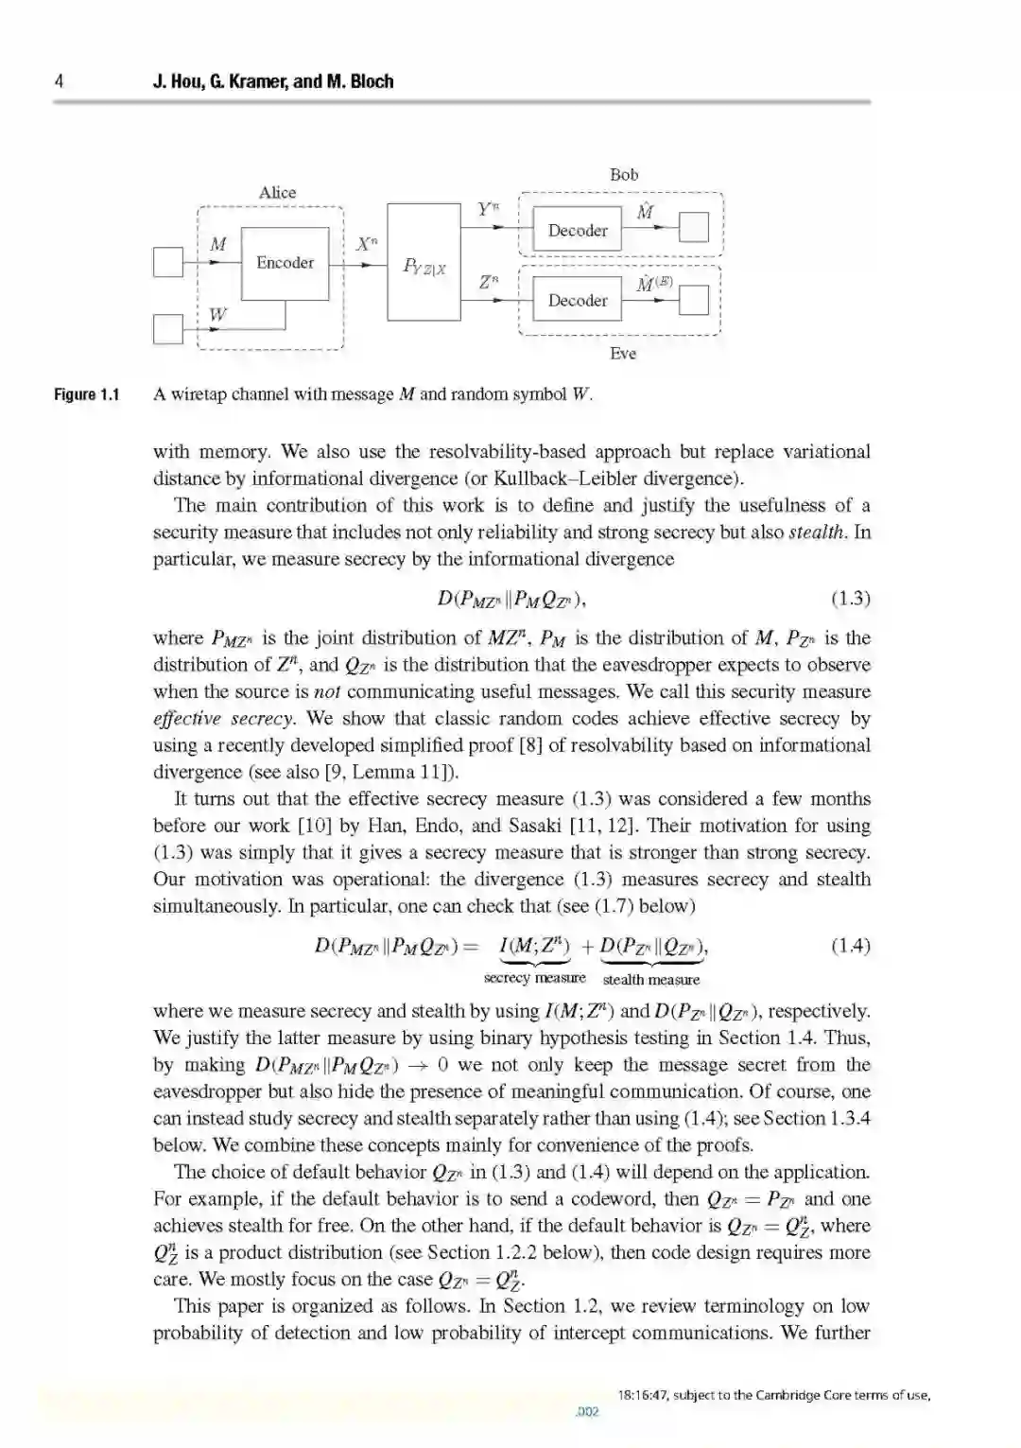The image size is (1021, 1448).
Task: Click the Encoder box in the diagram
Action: pyautogui.click(x=285, y=263)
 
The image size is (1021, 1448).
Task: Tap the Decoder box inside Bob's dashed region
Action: pyautogui.click(x=578, y=230)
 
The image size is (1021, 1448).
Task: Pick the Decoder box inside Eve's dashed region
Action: pyautogui.click(x=578, y=301)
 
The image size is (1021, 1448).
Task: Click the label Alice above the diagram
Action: pyautogui.click(x=277, y=192)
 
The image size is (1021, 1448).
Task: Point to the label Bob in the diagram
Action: pyautogui.click(x=624, y=174)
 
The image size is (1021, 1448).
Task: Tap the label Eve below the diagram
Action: pyautogui.click(x=623, y=353)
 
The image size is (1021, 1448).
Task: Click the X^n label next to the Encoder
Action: pyautogui.click(x=367, y=243)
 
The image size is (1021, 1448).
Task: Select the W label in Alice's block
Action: pyautogui.click(x=217, y=314)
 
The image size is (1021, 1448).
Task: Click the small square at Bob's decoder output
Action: pyautogui.click(x=694, y=228)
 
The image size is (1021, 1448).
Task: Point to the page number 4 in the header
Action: pyautogui.click(x=59, y=81)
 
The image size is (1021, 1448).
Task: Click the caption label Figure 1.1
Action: pyautogui.click(x=87, y=394)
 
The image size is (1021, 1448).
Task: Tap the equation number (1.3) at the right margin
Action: pyautogui.click(x=850, y=598)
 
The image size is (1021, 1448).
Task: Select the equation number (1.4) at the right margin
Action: pyautogui.click(x=850, y=945)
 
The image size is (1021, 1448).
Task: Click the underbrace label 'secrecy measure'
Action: pyautogui.click(x=534, y=978)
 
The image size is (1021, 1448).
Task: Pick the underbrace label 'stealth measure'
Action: pyautogui.click(x=651, y=980)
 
